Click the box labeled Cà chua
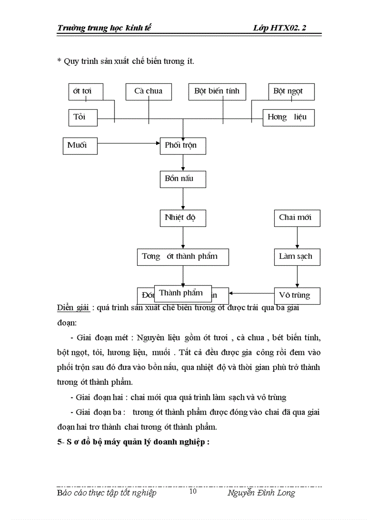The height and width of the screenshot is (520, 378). pos(149,91)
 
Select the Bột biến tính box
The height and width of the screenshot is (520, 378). pos(217,91)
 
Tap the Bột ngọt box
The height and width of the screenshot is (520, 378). pos(291,91)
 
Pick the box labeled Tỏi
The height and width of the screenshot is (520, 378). pos(83,117)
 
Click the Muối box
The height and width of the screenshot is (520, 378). pos(80,145)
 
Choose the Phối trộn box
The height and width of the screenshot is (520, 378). pos(183,145)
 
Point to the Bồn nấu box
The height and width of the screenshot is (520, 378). pos(183,179)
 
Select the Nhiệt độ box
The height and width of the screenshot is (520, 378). pos(183,218)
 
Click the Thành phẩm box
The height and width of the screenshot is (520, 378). pos(183,293)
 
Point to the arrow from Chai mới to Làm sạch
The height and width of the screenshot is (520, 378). pos(297,237)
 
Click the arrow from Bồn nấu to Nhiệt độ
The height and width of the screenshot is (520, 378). pos(183,198)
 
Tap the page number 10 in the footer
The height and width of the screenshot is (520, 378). pos(193,491)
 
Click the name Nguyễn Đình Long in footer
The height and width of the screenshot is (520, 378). pos(261,493)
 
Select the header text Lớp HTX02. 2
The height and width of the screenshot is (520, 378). pos(279,28)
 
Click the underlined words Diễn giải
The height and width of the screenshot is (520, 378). pos(73,308)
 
